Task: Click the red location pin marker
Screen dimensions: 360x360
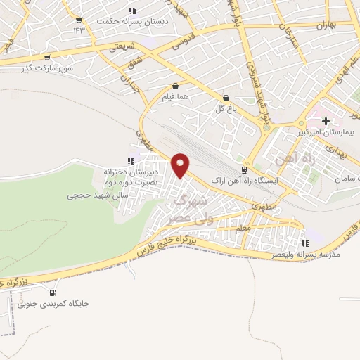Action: pos(181,166)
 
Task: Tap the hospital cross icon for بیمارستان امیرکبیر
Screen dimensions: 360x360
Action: pos(326,121)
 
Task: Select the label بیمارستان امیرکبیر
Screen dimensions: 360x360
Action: pos(325,132)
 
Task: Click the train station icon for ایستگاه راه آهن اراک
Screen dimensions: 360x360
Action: pos(244,169)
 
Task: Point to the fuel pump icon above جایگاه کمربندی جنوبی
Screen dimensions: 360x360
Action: pos(53,292)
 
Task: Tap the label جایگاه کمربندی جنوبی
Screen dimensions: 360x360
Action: pos(54,304)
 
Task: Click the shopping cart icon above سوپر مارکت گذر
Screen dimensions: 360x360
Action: pos(46,58)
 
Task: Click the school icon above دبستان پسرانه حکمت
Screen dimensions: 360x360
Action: pos(132,11)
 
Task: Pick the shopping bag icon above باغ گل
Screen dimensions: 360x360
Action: pos(226,98)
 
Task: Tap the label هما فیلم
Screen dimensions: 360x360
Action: pos(174,96)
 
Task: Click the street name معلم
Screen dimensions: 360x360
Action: pos(243,228)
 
